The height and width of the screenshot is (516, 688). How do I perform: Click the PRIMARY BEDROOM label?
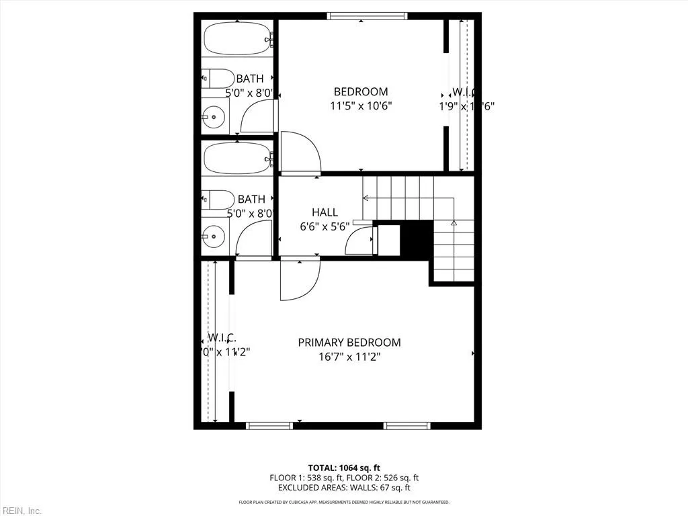[x=349, y=343]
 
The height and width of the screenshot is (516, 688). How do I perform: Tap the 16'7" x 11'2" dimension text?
[x=349, y=357]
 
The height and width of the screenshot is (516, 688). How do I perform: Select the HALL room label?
[x=325, y=212]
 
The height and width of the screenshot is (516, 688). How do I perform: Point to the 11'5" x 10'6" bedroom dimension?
[x=361, y=106]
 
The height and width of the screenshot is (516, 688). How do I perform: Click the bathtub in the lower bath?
[x=236, y=159]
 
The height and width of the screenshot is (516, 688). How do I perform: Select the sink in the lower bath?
[x=214, y=235]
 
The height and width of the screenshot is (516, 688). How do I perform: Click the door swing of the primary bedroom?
[x=301, y=279]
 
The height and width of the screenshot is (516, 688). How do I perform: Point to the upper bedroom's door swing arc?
[x=300, y=153]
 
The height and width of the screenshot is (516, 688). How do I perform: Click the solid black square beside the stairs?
[x=414, y=239]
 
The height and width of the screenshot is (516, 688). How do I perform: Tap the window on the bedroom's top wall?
[x=367, y=16]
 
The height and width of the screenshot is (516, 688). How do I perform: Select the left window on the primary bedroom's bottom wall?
[x=269, y=425]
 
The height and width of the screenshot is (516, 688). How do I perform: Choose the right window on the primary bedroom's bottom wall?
[x=406, y=425]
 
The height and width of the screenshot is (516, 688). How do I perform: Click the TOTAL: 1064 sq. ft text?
[x=344, y=468]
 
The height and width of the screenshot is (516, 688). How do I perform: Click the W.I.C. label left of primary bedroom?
[x=221, y=337]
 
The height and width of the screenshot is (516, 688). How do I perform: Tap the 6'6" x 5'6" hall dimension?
[x=325, y=227]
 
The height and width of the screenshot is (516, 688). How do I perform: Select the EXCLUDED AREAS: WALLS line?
[x=344, y=488]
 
